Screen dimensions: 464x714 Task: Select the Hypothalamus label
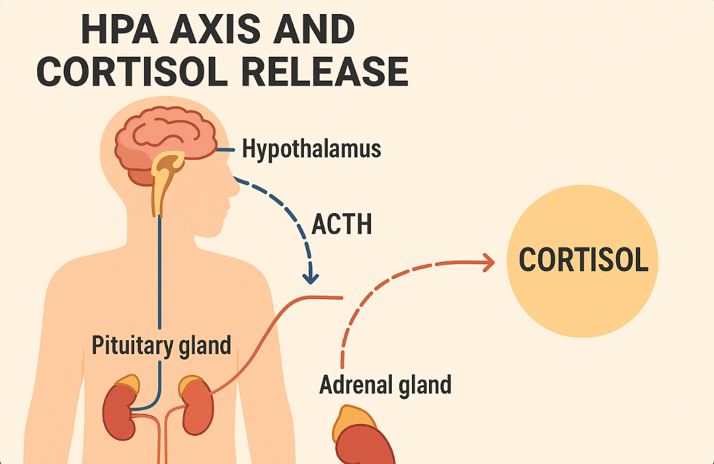click(x=311, y=149)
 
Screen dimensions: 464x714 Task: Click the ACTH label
click(x=342, y=225)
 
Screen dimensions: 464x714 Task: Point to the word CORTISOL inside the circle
click(x=583, y=260)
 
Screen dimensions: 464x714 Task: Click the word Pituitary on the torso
click(x=126, y=346)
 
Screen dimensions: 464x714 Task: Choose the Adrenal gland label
click(x=385, y=385)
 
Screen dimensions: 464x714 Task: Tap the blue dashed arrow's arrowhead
click(x=311, y=277)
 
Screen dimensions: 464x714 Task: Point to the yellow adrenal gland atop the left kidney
click(x=128, y=384)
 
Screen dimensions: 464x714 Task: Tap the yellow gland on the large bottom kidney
click(x=353, y=419)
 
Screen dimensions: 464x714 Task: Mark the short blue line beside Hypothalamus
click(x=226, y=150)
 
